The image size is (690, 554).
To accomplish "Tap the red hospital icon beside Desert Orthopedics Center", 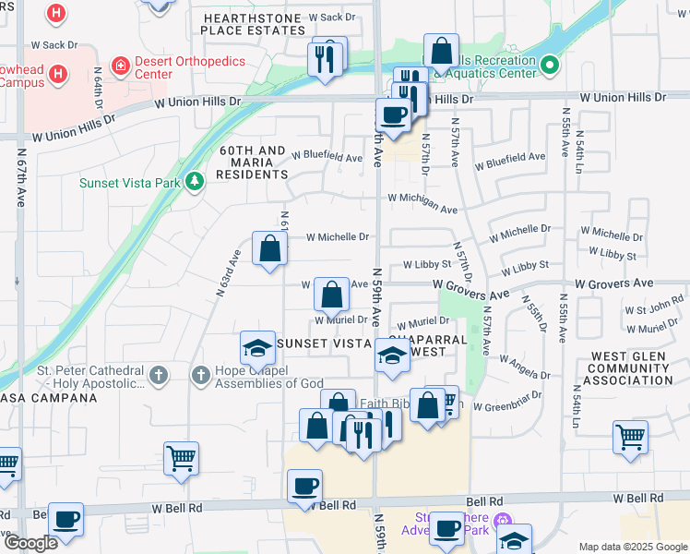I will (x=120, y=66).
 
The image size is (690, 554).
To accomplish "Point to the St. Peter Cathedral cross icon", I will (x=159, y=375).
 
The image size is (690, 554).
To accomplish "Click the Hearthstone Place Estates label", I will (x=254, y=24).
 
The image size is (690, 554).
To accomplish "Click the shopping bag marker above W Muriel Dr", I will (x=332, y=295).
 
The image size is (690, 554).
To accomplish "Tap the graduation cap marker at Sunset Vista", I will (x=258, y=347).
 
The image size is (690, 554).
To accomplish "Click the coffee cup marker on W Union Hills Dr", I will (x=394, y=115).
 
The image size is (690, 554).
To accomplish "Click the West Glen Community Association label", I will (x=631, y=368).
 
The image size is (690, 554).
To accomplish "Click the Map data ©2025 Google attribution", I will (x=633, y=547).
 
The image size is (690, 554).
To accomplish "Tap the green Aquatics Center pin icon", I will (x=550, y=66).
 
